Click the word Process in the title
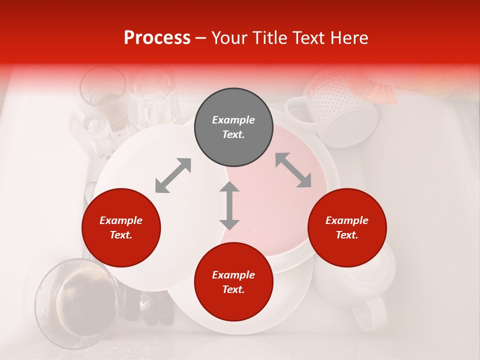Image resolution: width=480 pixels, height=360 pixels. tap(157, 38)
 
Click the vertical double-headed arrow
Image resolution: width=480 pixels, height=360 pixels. tap(229, 205)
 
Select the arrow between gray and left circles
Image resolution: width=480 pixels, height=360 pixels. tap(173, 175)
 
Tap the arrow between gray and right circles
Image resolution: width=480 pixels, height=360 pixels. tap(293, 170)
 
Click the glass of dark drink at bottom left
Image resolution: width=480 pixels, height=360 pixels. tap(77, 302)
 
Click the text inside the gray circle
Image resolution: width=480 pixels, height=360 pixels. tap(233, 127)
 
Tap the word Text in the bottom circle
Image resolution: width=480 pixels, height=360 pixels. tap(233, 289)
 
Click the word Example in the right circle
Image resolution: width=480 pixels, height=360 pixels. tap(347, 220)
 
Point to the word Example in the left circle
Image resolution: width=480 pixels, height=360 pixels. tap(121, 220)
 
